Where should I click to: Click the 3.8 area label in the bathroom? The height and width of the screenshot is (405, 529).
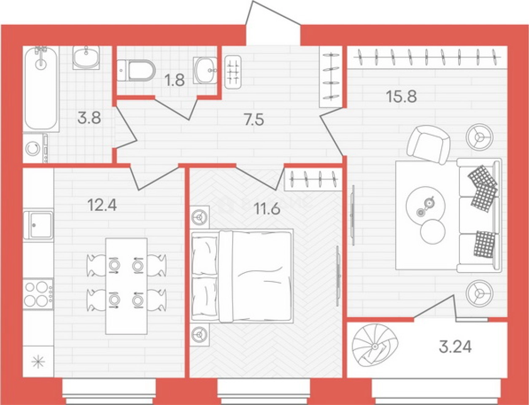pos(89,119)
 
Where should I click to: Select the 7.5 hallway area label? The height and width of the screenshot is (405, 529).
pos(254,119)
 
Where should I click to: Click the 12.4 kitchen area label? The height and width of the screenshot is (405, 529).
pos(102,205)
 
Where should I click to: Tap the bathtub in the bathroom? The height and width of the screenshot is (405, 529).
pos(41,89)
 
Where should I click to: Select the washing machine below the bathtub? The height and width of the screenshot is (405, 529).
pos(33,148)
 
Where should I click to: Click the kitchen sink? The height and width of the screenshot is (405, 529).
pos(38,225)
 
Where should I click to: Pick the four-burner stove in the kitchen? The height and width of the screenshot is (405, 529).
pos(38,294)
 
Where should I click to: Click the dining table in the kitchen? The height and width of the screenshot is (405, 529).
pos(127,286)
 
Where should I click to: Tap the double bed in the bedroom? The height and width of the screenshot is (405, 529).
pos(242,276)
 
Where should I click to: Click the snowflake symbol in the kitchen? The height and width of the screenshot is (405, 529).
pos(38,362)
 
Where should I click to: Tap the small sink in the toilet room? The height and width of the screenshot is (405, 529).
pos(205,70)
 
